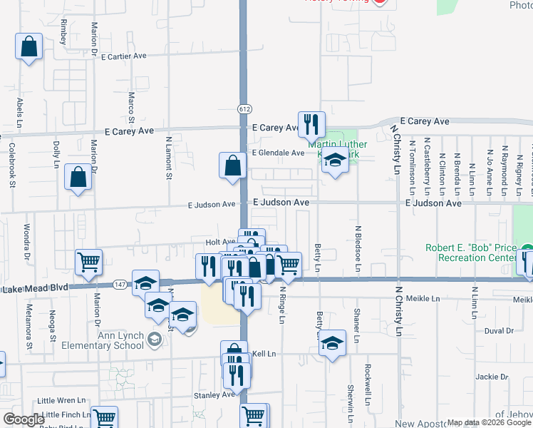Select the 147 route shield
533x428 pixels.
tap(120, 284)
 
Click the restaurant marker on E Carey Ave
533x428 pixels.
tap(311, 125)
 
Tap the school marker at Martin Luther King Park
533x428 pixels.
tap(334, 163)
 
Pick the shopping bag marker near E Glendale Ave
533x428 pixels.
tap(233, 165)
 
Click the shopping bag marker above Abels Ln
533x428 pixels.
tap(29, 47)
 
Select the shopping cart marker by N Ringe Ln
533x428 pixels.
tap(288, 265)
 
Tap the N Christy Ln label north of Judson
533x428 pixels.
tap(396, 150)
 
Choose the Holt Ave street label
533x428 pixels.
tap(220, 243)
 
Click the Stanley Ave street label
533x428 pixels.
tap(214, 394)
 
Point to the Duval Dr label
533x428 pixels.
tap(499, 331)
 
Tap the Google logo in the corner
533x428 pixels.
tap(24, 419)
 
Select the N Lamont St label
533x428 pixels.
tap(169, 158)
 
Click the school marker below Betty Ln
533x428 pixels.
tap(332, 345)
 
